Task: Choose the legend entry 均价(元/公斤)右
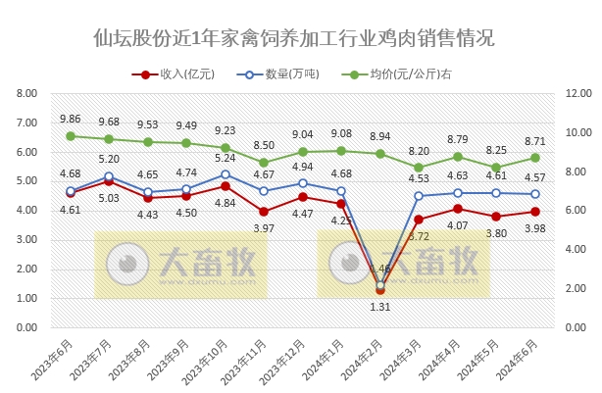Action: point(396,74)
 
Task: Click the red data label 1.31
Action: point(380,308)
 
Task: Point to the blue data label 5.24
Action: point(226,158)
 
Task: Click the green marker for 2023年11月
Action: point(264,163)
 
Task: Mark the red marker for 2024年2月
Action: point(380,290)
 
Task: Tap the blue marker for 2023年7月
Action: point(109,176)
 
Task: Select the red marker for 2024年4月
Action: point(458,208)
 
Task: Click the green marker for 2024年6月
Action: point(535,158)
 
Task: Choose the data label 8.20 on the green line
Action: point(419,151)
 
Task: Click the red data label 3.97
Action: point(264,228)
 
